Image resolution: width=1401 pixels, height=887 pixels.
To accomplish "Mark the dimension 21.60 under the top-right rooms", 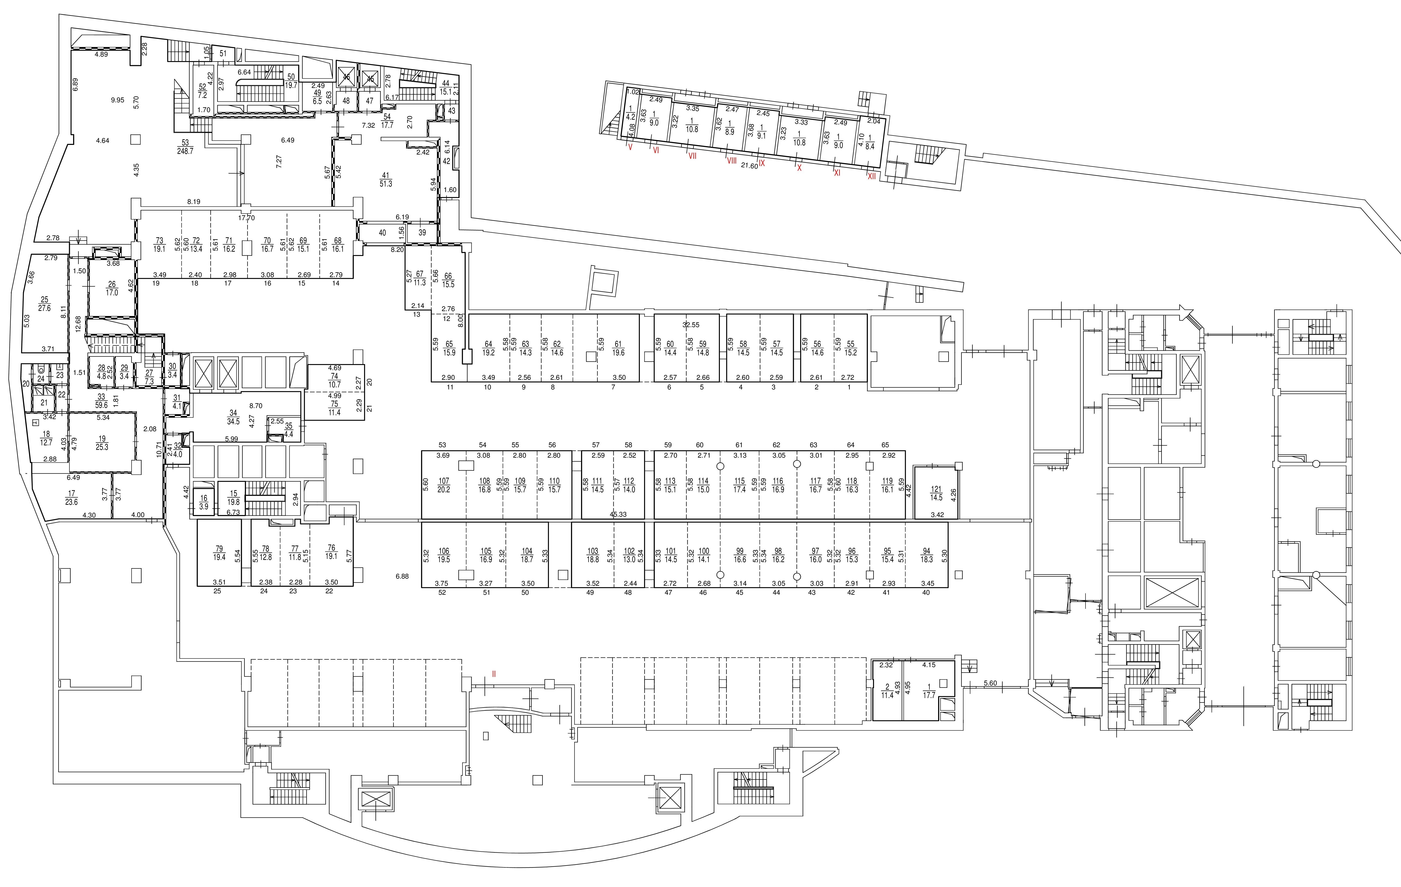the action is pos(749,166).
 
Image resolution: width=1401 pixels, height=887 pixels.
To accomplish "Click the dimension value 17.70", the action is pos(247,218).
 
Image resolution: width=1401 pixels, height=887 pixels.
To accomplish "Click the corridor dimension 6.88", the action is pos(402,576).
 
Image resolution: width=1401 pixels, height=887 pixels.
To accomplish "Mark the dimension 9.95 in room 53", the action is pos(117,100).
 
